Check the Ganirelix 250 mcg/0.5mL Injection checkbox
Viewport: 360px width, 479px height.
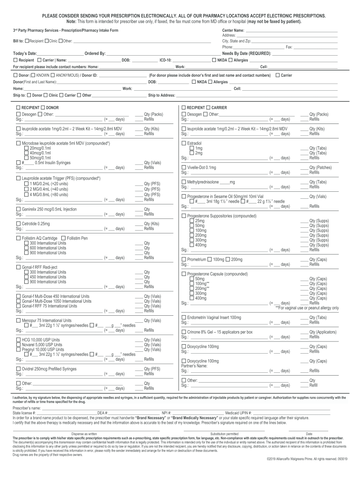click(18, 209)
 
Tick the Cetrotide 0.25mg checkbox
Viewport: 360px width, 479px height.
click(18, 224)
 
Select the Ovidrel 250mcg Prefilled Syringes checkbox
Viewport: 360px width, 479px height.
click(18, 369)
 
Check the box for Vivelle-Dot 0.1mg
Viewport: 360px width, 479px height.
click(184, 167)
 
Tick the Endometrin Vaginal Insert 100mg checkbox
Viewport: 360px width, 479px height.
click(184, 317)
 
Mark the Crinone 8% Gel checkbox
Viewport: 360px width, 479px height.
click(184, 332)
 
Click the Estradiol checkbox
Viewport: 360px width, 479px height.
click(184, 143)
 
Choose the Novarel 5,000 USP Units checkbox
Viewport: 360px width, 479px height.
click(18, 344)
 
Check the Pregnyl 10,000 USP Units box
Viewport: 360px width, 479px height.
click(18, 349)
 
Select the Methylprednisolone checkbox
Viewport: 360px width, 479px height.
click(184, 181)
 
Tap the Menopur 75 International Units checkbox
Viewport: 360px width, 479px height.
click(18, 320)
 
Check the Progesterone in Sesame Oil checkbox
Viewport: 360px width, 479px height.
click(184, 196)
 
